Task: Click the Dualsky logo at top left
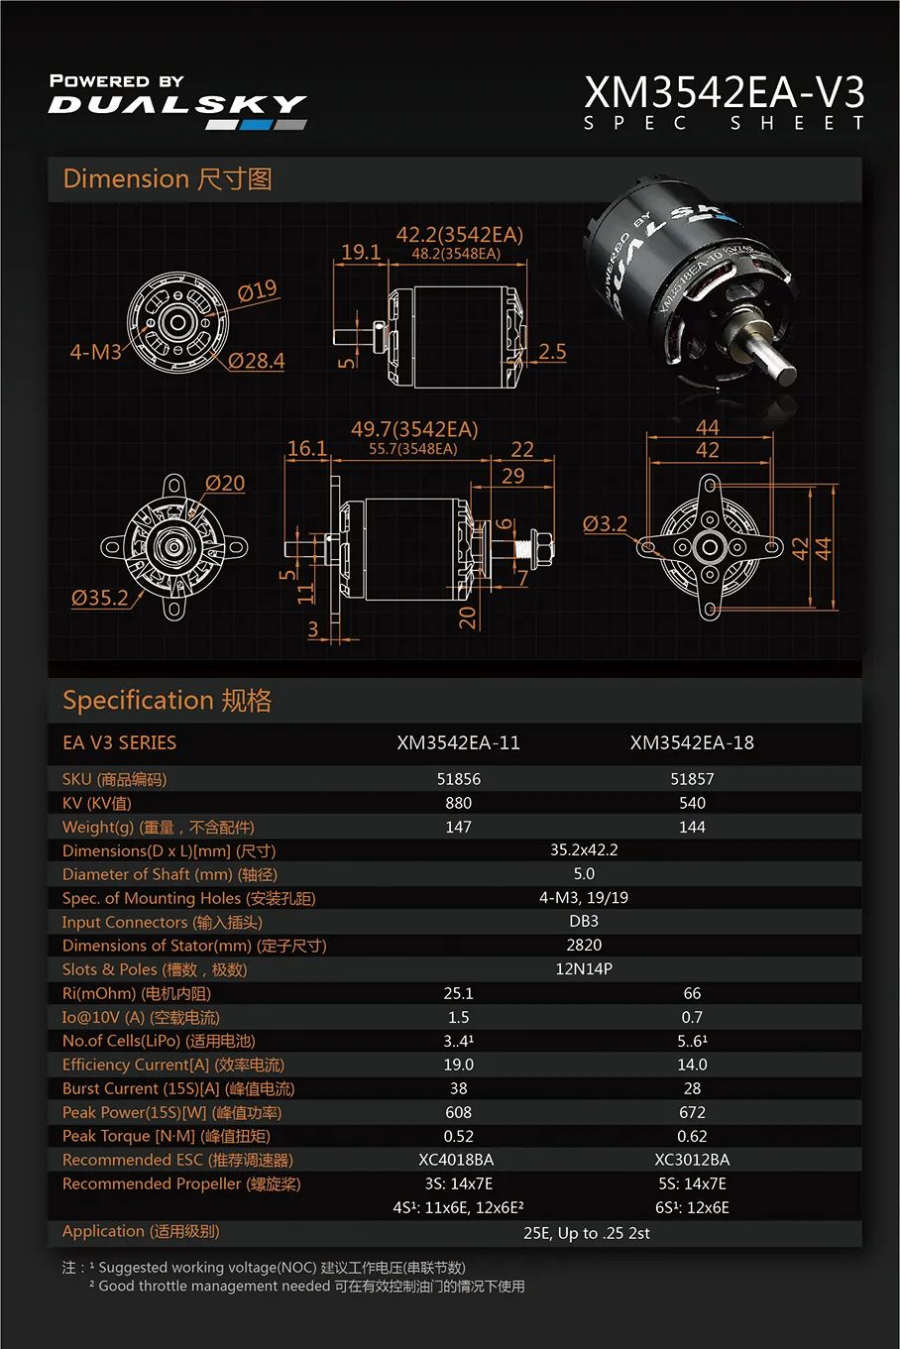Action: [x=177, y=102]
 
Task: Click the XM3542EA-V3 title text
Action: [x=725, y=92]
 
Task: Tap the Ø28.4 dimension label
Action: [x=256, y=361]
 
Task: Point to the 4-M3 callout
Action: [x=96, y=352]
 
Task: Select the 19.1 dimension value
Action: [x=361, y=252]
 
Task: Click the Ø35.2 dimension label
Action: [x=100, y=598]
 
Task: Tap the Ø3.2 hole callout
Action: [x=605, y=523]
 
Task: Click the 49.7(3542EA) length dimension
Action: [x=414, y=429]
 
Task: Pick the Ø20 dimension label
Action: [x=225, y=483]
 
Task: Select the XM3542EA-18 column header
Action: [x=692, y=742]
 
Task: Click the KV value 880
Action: [x=459, y=803]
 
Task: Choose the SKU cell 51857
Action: [x=692, y=779]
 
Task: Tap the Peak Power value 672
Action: [x=692, y=1112]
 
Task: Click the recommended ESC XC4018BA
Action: [x=456, y=1160]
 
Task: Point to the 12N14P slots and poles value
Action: [x=584, y=969]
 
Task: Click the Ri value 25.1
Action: [x=459, y=993]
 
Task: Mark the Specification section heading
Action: [x=167, y=701]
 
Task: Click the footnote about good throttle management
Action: [x=307, y=1287]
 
